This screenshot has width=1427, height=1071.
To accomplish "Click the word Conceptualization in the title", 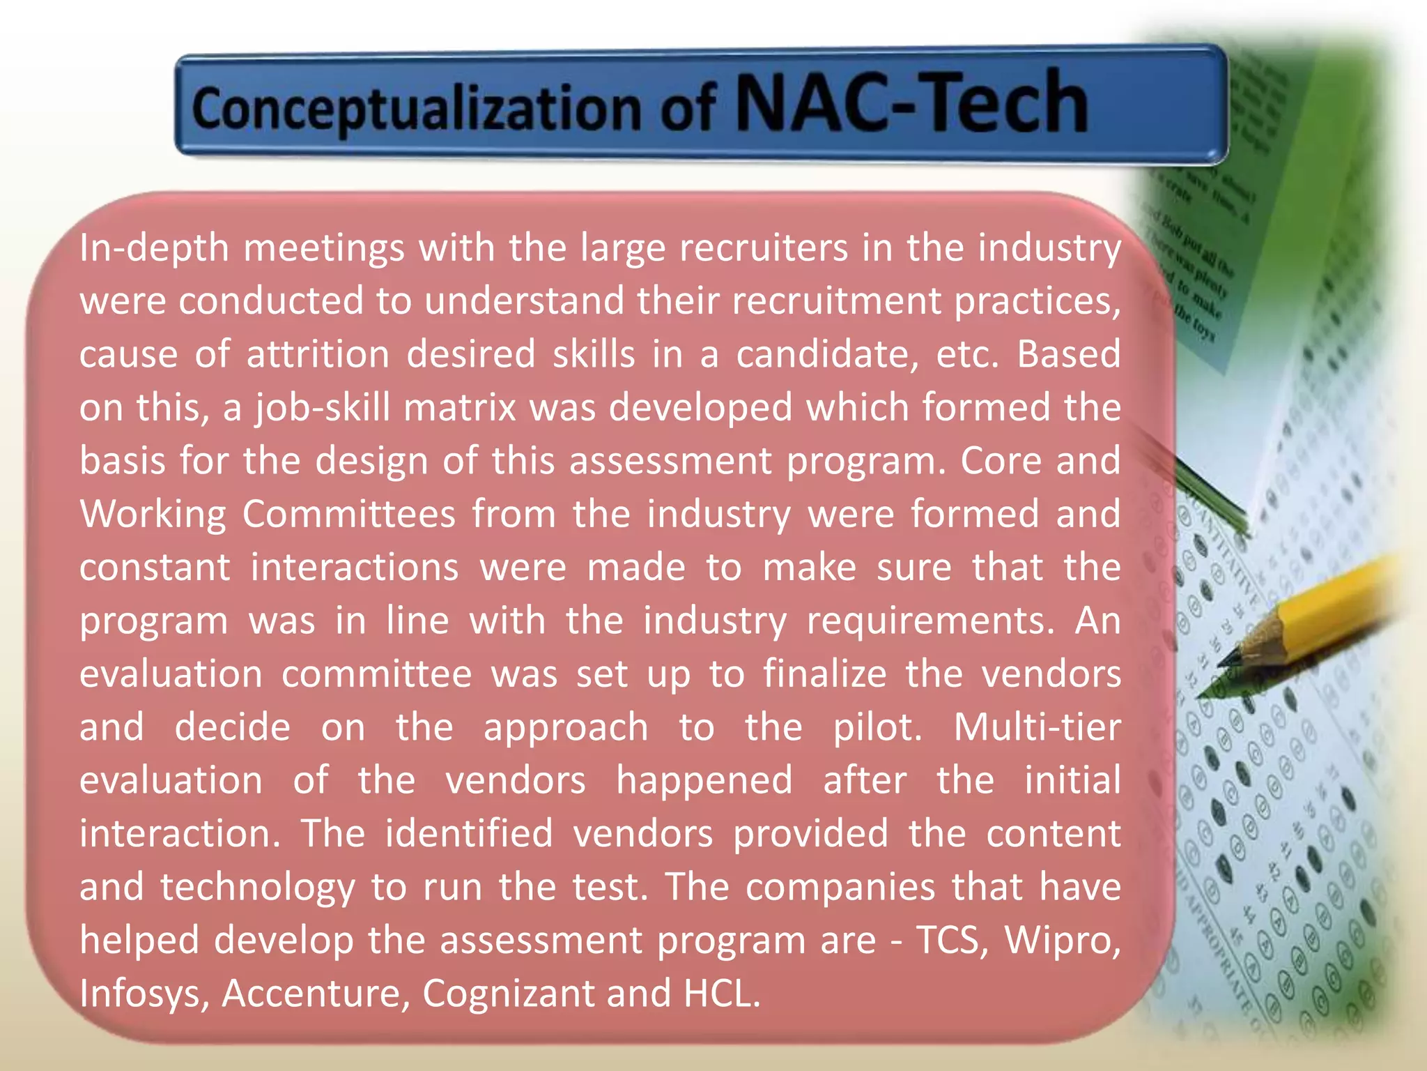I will pyautogui.click(x=416, y=108).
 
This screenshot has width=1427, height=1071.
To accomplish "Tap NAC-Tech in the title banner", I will pyautogui.click(x=911, y=103).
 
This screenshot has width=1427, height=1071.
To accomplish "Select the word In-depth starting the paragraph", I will pyautogui.click(x=154, y=248).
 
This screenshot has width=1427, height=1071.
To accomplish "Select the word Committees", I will pyautogui.click(x=349, y=514).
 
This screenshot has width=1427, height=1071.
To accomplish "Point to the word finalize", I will pyautogui.click(x=825, y=674).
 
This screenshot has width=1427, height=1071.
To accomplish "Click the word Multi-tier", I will pyautogui.click(x=1037, y=727).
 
